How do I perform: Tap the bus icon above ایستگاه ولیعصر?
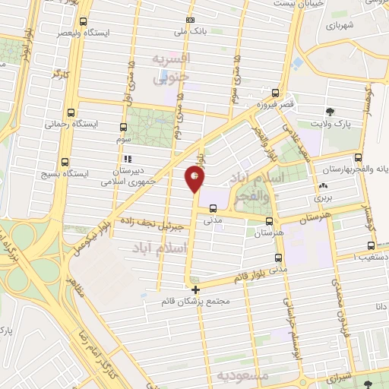[83, 21]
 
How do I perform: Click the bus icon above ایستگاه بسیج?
[65, 161]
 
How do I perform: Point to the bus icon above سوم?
[123, 127]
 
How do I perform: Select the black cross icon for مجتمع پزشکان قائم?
[196, 289]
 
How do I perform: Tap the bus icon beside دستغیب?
[371, 245]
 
